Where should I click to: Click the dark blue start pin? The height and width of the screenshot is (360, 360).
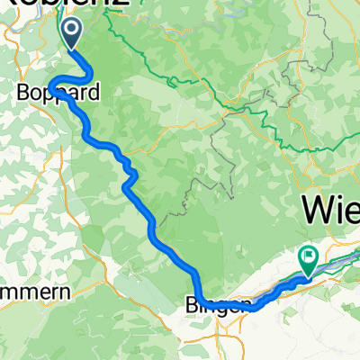(x=71, y=32)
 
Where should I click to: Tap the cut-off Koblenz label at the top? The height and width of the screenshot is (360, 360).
(x=73, y=4)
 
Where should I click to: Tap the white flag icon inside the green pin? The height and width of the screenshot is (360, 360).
(x=310, y=256)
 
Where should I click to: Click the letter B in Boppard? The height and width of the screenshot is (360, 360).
(x=24, y=92)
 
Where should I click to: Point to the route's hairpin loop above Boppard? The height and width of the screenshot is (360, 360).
(x=55, y=84)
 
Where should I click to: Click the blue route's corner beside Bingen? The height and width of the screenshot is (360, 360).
(x=202, y=298)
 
